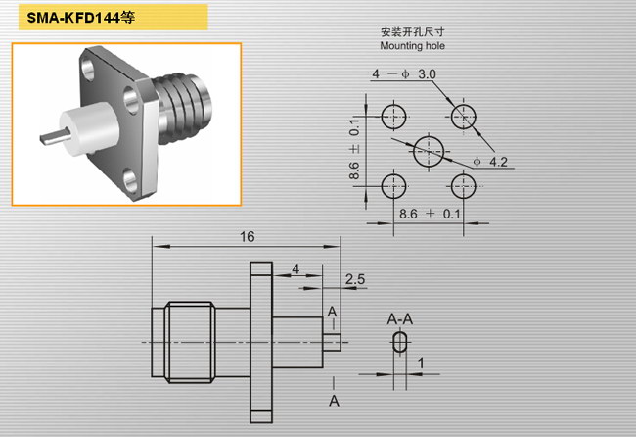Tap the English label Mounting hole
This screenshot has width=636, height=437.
pos(412,45)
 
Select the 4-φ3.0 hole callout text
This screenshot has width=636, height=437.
pos(404,73)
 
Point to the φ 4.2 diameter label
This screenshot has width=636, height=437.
pos(490,162)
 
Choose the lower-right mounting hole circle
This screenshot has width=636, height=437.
pos(463,174)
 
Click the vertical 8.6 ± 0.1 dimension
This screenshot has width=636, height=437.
pos(354,149)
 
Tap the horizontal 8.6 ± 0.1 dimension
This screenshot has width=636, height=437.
pos(430,214)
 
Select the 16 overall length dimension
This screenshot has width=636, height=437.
pos(247,236)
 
